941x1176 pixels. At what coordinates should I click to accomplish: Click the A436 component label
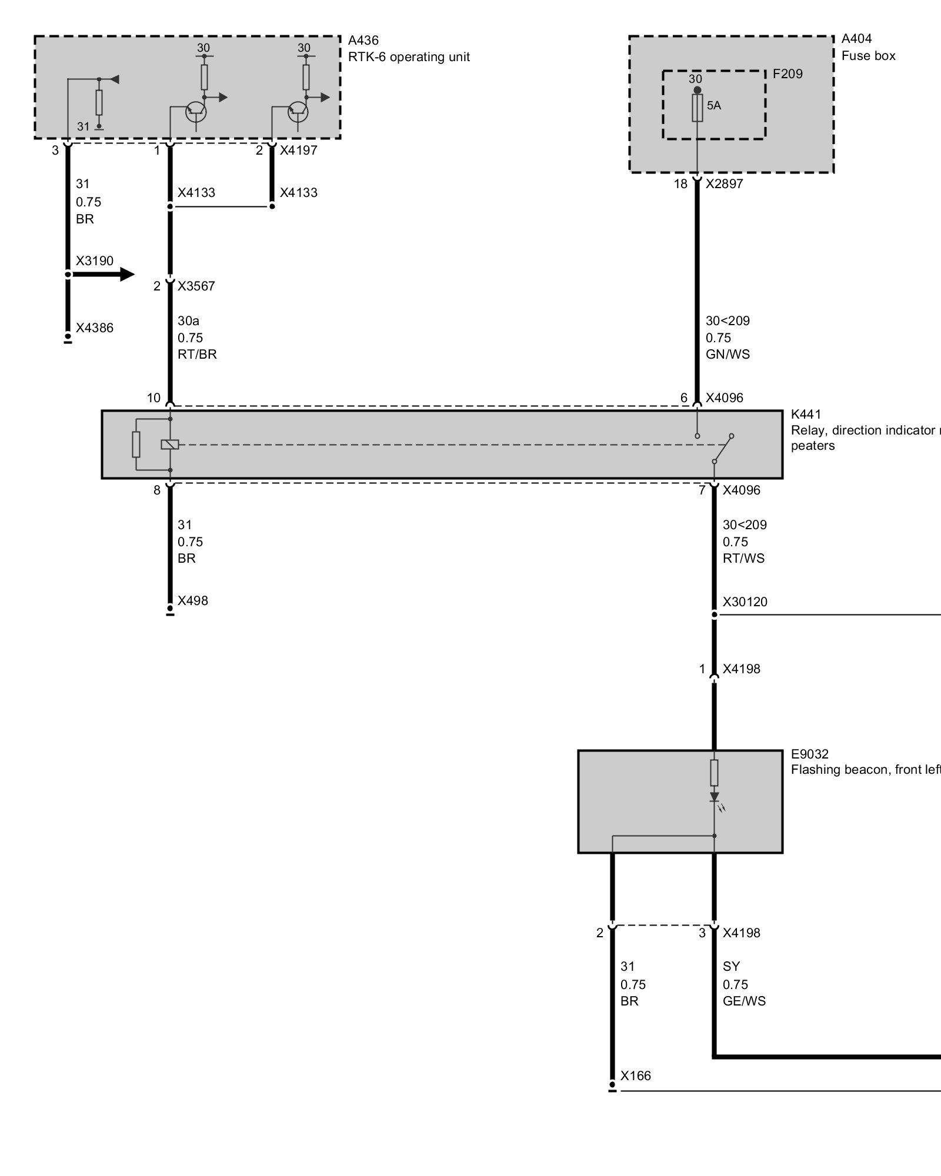[363, 41]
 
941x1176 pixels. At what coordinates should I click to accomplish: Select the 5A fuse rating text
[713, 106]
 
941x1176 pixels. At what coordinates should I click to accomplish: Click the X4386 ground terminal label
[94, 328]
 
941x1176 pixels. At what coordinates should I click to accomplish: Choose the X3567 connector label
[196, 286]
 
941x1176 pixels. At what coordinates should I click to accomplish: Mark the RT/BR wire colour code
[197, 355]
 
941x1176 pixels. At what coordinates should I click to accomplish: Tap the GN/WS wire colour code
[728, 355]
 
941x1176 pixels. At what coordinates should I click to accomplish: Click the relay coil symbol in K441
[169, 445]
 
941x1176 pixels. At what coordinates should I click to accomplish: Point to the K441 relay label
[806, 415]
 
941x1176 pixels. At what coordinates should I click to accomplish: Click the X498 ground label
[193, 601]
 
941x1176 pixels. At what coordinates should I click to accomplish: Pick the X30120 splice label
[745, 602]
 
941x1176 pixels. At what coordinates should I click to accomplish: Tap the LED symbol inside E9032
[715, 798]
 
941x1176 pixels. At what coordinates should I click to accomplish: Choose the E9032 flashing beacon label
[809, 754]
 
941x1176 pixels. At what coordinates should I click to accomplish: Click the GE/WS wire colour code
[744, 1001]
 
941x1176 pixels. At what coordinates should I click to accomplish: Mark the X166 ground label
[636, 1075]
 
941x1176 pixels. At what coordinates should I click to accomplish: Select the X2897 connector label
[724, 184]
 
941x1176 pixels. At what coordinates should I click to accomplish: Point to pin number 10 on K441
[154, 398]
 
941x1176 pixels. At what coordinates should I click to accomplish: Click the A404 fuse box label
[856, 39]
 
